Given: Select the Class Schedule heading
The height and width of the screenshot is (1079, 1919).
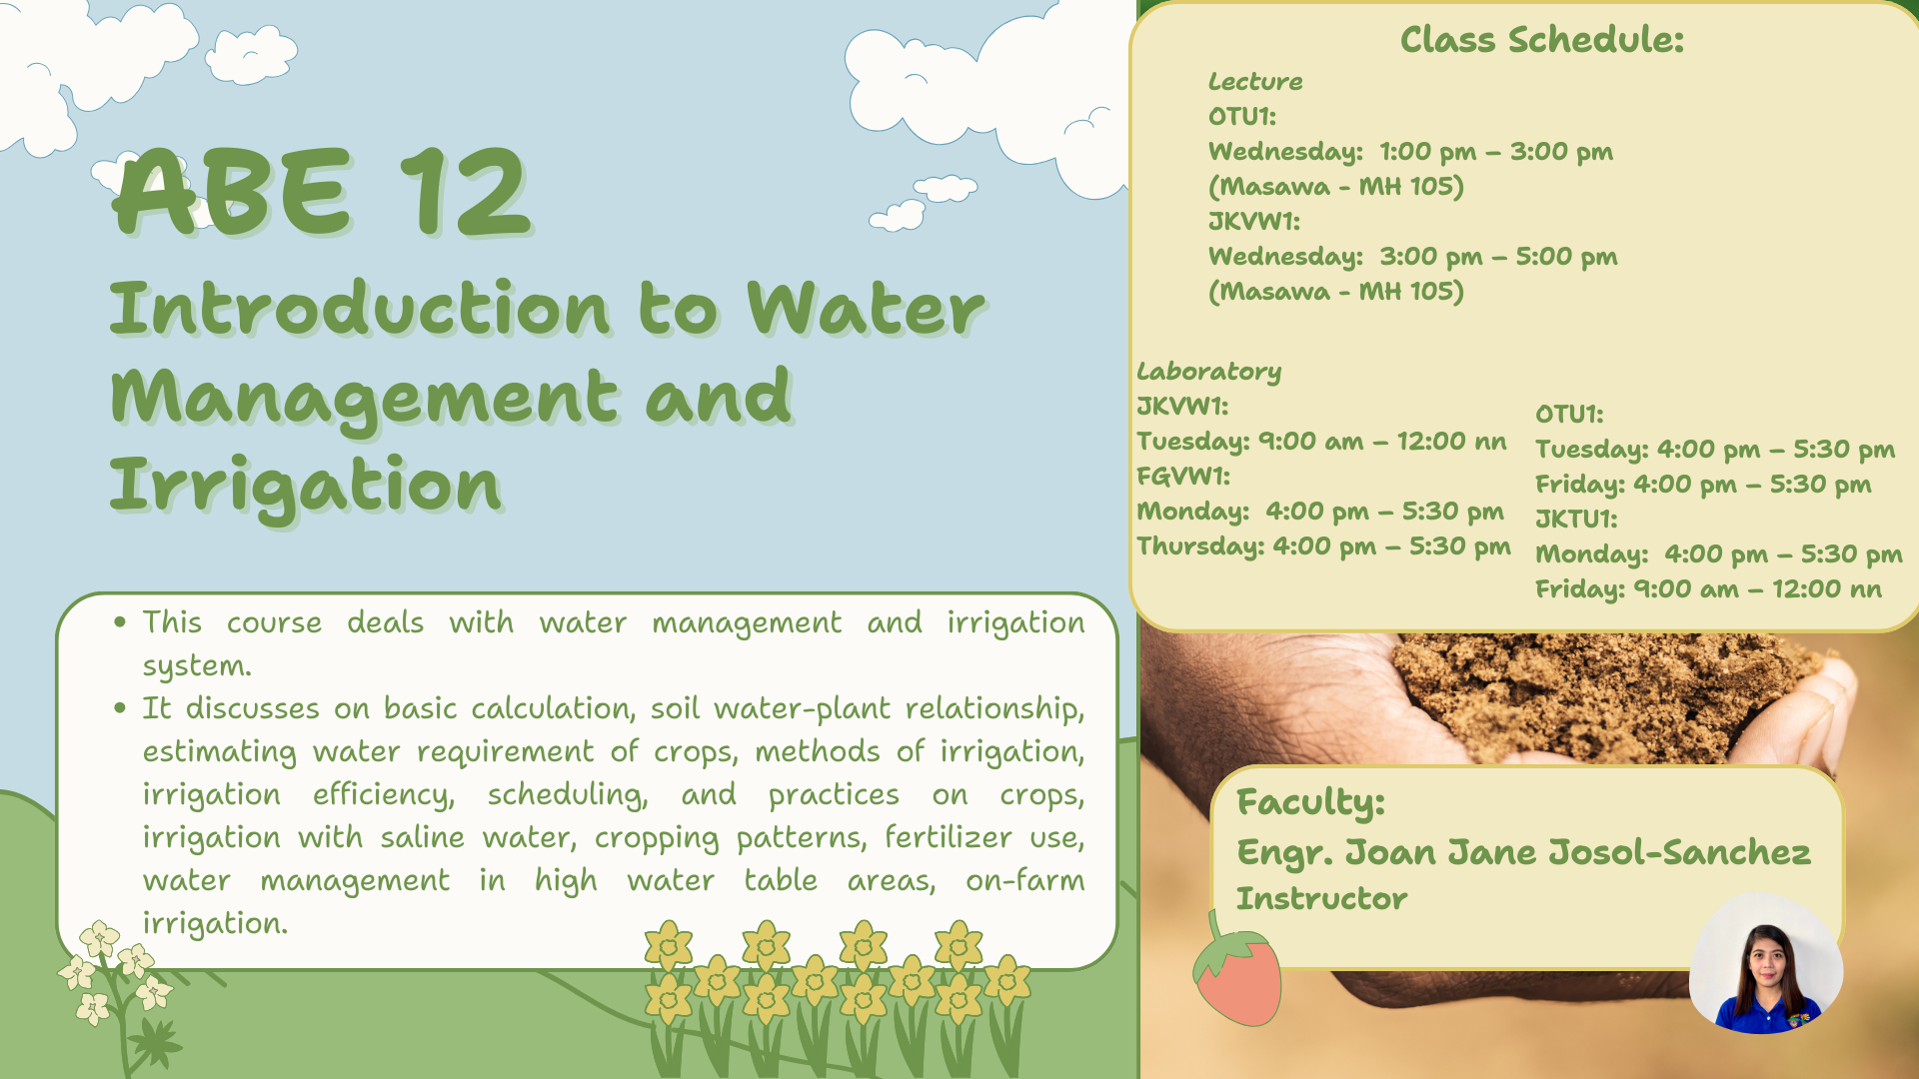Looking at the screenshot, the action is click(1542, 40).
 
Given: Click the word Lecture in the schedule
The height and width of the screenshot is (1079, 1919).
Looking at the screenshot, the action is click(1255, 82).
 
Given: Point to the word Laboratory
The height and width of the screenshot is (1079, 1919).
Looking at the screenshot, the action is click(1208, 373).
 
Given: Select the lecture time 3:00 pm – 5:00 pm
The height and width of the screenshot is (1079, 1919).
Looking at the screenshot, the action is click(1498, 257).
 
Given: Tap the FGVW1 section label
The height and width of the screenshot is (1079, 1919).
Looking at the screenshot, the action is click(1183, 477).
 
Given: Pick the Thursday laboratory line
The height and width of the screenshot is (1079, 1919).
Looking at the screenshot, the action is click(1323, 546).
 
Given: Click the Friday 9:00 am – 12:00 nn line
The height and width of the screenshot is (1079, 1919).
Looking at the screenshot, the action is click(1709, 589).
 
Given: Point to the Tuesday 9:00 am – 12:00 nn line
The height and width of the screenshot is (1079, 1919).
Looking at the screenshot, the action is click(1321, 442).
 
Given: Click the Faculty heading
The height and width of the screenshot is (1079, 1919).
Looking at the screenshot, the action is click(1310, 802).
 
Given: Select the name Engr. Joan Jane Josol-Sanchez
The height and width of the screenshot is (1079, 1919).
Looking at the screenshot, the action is click(1523, 852).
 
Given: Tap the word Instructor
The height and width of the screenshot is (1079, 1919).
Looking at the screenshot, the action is click(1321, 898).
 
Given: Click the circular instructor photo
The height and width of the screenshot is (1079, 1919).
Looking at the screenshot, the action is click(1766, 963).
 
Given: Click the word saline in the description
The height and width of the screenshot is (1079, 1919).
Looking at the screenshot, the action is click(422, 837).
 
